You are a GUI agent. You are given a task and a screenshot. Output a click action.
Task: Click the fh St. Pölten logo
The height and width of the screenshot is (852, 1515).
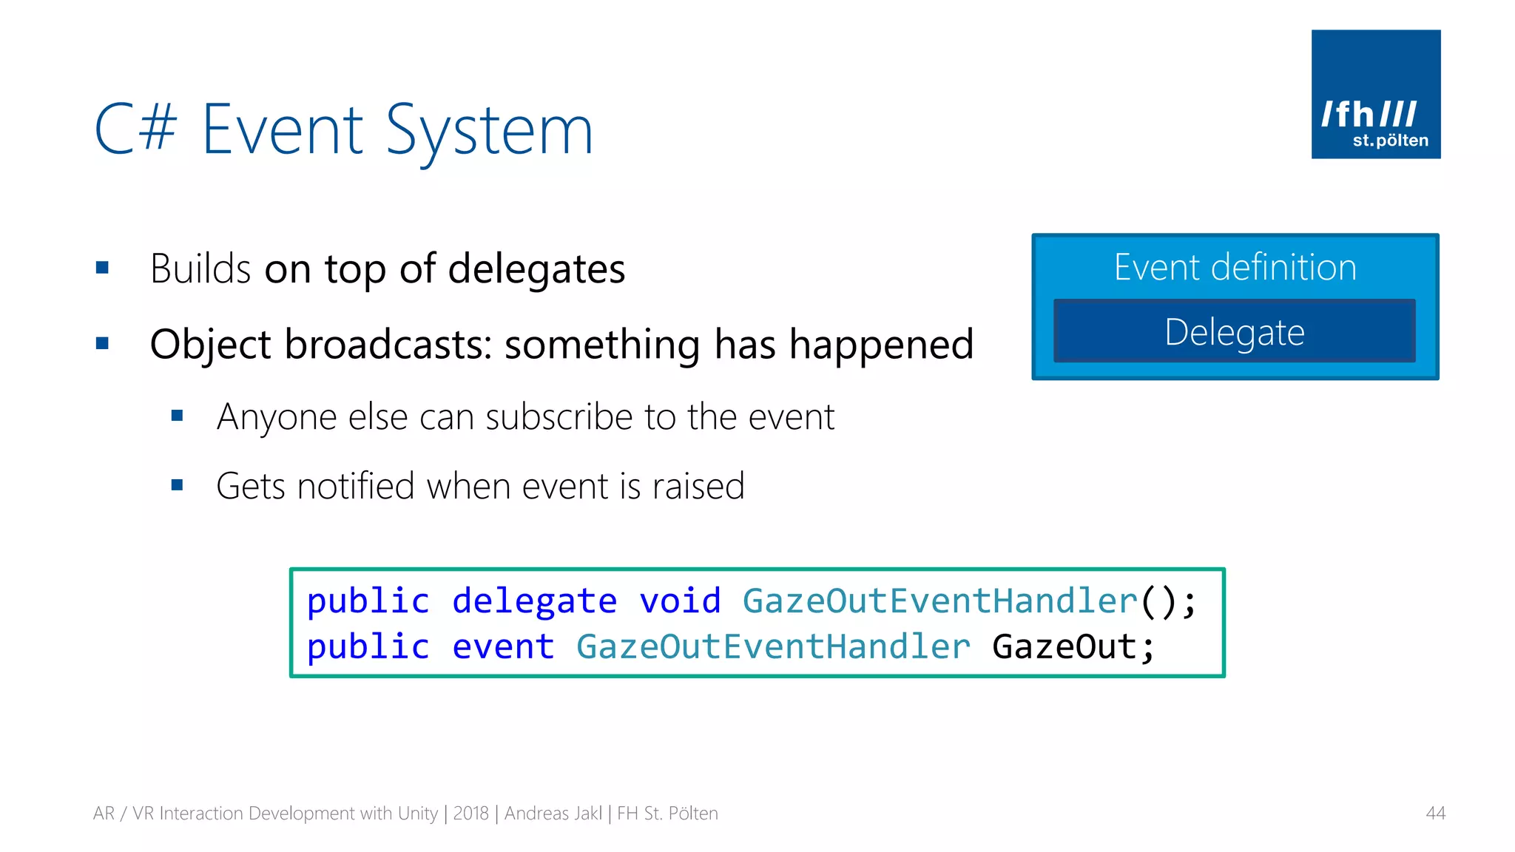1375,94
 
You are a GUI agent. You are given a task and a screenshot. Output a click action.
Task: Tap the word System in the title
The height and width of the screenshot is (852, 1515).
489,131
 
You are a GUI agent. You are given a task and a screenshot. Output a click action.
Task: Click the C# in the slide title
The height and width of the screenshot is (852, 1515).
136,129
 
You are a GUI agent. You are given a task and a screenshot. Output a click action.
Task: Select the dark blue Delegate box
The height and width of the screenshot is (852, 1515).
1234,331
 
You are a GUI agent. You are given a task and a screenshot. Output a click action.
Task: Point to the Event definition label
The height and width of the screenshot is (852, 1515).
1235,267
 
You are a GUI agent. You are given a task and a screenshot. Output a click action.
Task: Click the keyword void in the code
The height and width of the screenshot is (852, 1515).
680,601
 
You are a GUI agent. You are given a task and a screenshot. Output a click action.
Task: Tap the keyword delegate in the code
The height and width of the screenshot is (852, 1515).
534,601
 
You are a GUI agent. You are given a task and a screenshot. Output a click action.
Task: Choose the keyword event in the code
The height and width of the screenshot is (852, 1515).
503,647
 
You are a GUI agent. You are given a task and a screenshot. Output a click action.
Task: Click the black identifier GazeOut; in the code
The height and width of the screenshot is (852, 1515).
1073,647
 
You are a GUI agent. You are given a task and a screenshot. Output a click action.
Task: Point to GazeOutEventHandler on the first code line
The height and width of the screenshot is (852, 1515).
939,601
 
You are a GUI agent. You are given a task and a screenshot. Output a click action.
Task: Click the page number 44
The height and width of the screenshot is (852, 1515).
1435,814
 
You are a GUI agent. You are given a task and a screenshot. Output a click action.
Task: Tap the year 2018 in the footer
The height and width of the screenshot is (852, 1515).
470,814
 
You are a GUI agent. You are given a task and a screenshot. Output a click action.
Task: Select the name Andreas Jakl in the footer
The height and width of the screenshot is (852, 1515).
553,814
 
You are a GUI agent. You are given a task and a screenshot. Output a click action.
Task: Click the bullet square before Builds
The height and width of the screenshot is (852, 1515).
102,268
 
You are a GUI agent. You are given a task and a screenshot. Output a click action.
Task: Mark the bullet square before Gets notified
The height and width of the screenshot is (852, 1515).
177,486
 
